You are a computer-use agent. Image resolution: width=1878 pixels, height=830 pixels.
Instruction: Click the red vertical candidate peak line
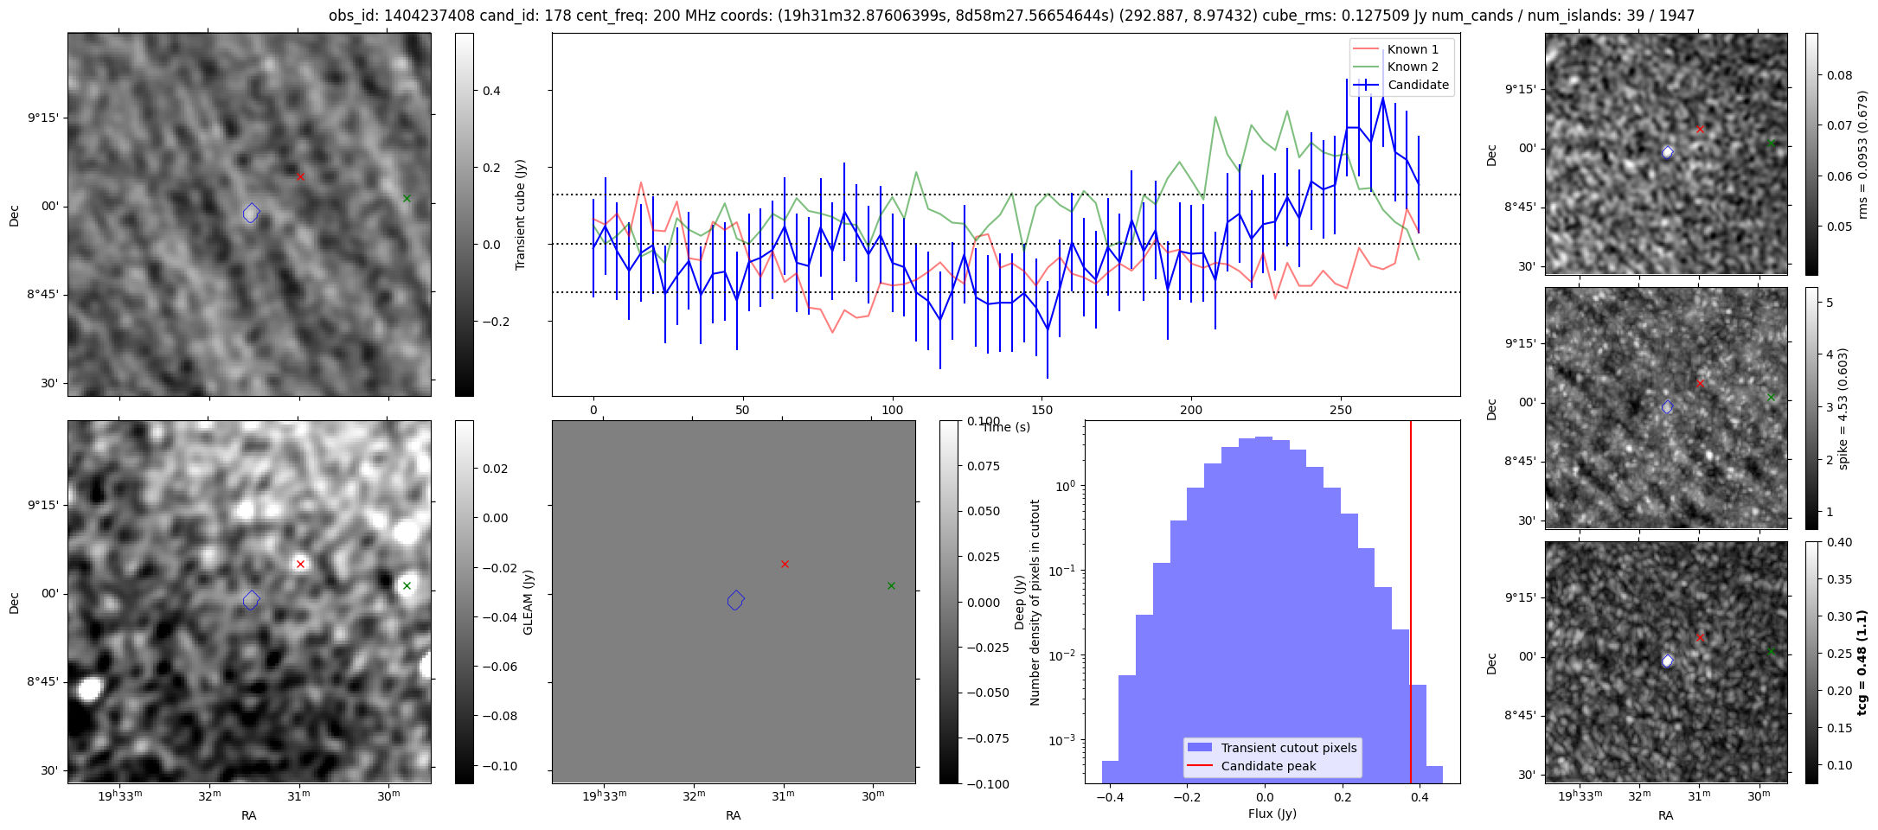1411,602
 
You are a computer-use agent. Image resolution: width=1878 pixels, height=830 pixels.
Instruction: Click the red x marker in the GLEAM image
300,564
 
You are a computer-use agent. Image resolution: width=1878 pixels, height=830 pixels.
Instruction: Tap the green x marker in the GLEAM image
407,585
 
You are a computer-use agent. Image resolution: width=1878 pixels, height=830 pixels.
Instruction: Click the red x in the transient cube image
300,176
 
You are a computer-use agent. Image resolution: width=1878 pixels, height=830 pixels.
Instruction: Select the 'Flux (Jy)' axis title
1272,814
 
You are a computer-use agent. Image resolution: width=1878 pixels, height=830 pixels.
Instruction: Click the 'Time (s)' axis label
1006,427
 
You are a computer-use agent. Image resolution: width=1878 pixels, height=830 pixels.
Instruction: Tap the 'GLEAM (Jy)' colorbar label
529,602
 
